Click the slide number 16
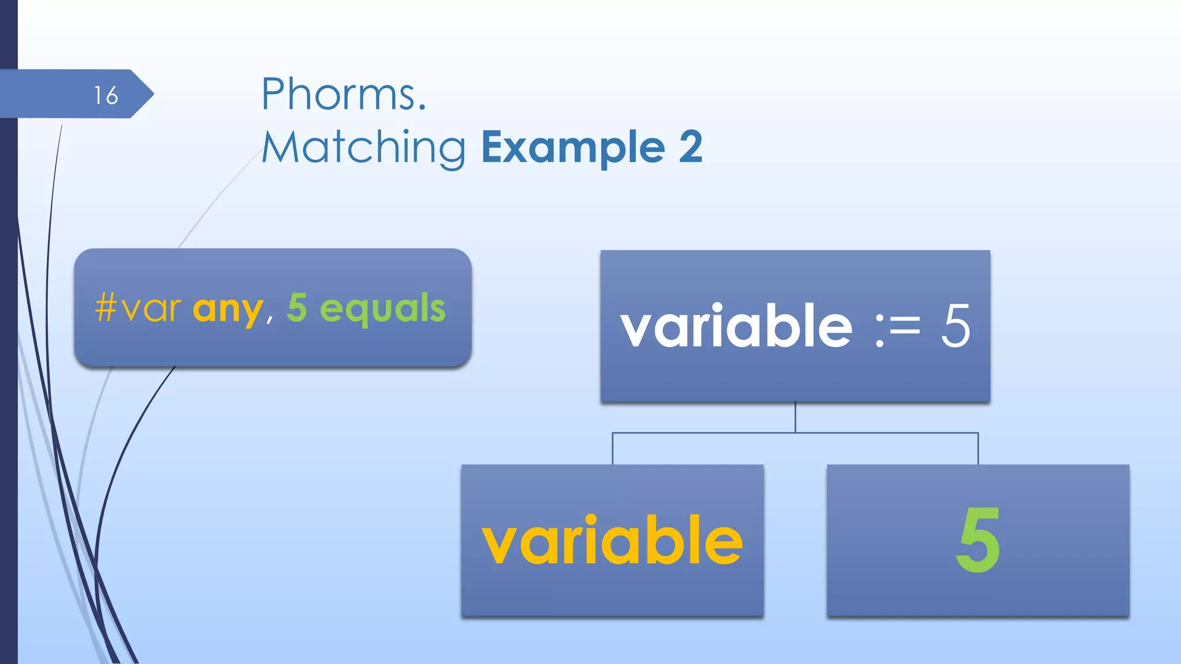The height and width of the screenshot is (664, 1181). [106, 95]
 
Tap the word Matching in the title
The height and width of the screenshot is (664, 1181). [364, 148]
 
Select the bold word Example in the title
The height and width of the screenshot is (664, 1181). [573, 148]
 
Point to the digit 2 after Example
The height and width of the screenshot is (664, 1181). [690, 148]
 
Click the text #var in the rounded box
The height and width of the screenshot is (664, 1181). [138, 308]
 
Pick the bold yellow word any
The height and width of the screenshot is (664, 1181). [228, 310]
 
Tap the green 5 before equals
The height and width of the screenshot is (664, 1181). [297, 307]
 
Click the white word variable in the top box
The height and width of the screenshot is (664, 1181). [736, 326]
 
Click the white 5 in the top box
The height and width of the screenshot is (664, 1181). [956, 326]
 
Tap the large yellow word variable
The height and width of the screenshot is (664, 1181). [612, 540]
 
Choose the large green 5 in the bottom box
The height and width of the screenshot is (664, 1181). [978, 540]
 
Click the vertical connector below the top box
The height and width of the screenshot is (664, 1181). [795, 417]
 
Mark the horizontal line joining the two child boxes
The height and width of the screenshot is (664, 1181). [795, 433]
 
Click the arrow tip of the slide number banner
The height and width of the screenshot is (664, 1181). [148, 94]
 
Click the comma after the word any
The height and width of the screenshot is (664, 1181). [269, 319]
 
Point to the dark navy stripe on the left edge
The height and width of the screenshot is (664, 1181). [8, 346]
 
